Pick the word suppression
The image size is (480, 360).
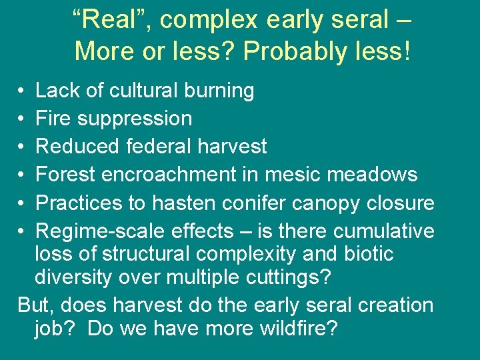[x=135, y=119]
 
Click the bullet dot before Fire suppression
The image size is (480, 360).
[x=22, y=119]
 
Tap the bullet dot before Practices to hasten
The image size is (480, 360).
[x=22, y=203]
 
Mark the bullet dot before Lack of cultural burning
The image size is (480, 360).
[x=22, y=91]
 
